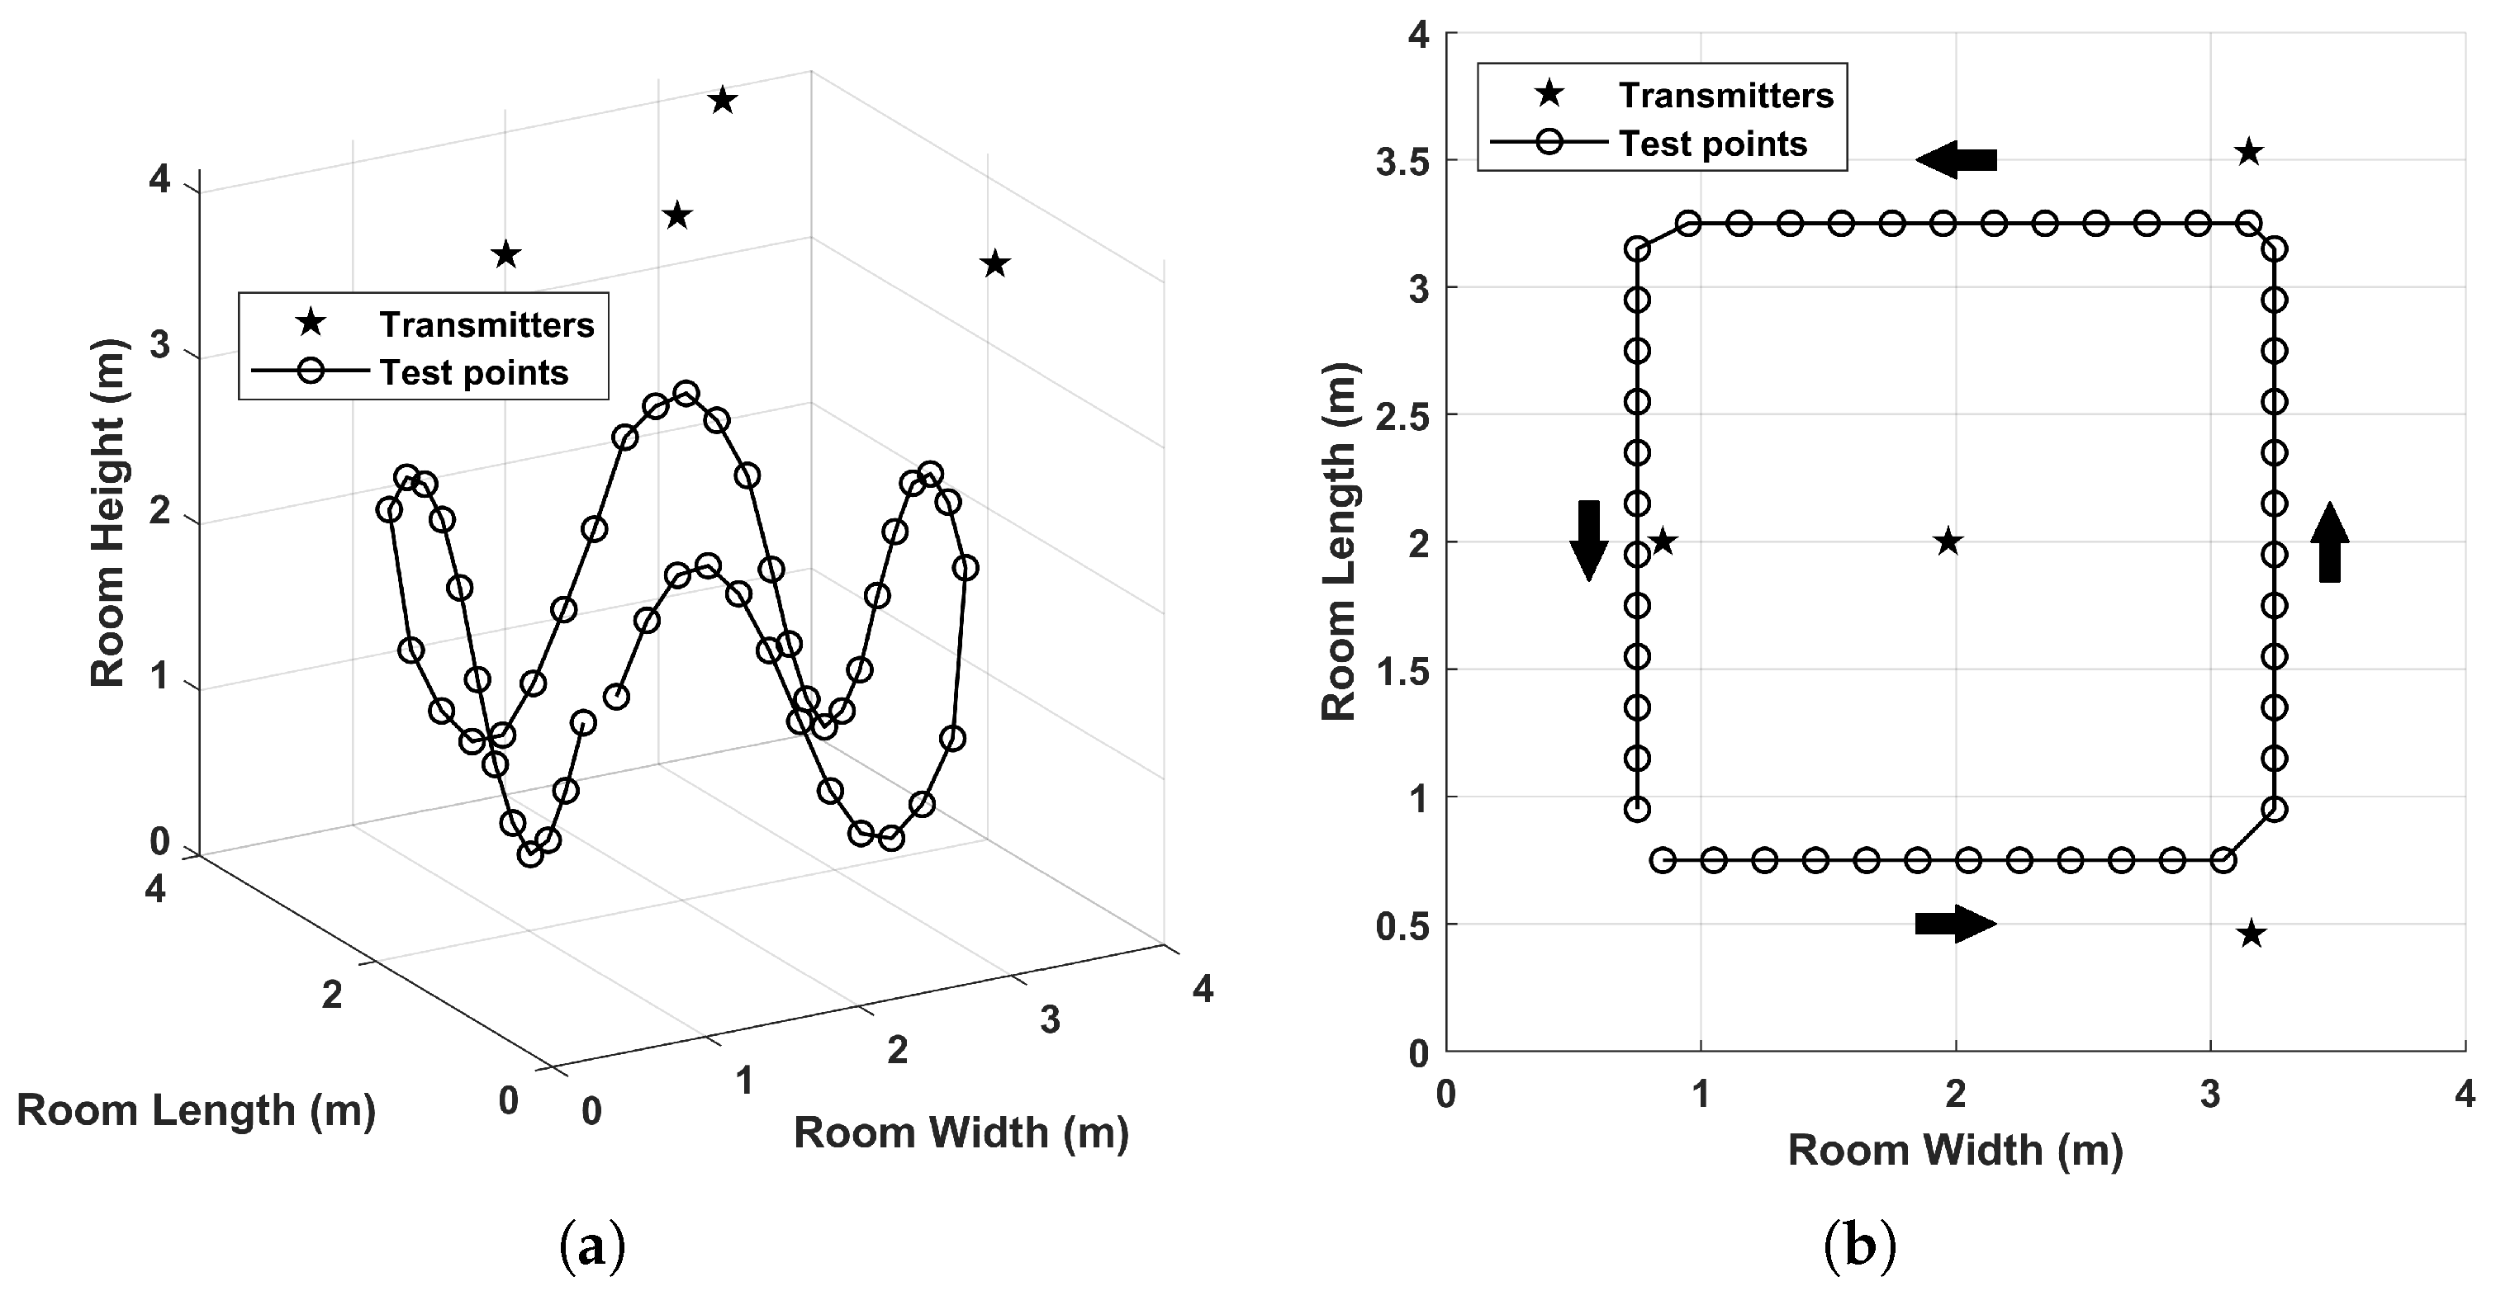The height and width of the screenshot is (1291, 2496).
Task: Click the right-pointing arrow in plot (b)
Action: click(x=1955, y=923)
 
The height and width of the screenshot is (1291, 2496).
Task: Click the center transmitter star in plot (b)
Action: click(x=1948, y=542)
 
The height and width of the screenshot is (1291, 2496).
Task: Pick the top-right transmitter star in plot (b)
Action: click(x=2249, y=152)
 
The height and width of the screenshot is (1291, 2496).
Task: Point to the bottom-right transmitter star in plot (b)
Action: click(x=2251, y=934)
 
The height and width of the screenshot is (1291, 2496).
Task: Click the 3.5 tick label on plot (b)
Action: click(x=1402, y=162)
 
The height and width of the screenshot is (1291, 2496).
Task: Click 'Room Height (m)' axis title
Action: click(x=108, y=513)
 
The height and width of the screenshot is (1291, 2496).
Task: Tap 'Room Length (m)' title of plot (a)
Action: click(x=196, y=1111)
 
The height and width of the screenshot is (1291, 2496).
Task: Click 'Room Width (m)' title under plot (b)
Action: click(x=1954, y=1151)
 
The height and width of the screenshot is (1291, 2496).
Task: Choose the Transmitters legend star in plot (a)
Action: click(x=310, y=323)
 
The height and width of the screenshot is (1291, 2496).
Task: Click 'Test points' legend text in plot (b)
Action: click(x=1713, y=144)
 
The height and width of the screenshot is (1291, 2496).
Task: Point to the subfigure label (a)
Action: click(x=592, y=1247)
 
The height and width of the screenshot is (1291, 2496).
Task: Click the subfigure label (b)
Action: click(x=1858, y=1247)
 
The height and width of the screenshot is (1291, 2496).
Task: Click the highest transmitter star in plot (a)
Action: click(x=723, y=101)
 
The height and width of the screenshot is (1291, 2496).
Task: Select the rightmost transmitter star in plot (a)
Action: click(x=995, y=263)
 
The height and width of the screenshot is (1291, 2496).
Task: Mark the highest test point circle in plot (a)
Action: click(x=686, y=393)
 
